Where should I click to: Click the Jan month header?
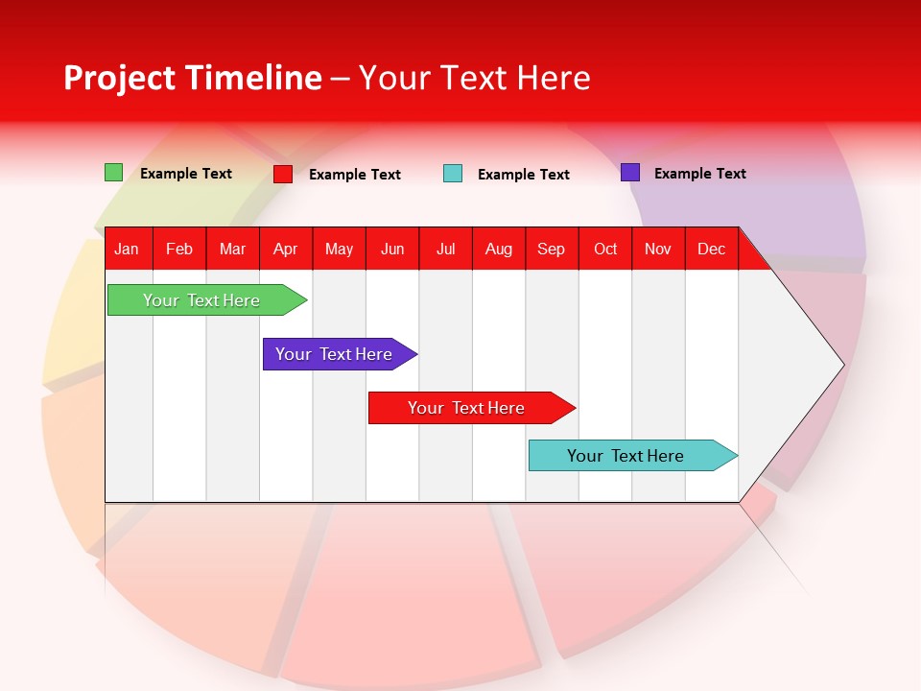(x=128, y=249)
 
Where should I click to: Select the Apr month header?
(x=286, y=249)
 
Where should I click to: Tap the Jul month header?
(x=446, y=249)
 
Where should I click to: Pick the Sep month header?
(x=552, y=249)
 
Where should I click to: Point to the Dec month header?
(x=711, y=249)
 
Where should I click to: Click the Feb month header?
(x=179, y=249)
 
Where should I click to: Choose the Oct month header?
(x=605, y=249)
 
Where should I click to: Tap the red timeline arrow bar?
(x=467, y=408)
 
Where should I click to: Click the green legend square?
(x=113, y=173)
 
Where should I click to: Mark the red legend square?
(x=283, y=174)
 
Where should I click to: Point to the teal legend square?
(x=453, y=174)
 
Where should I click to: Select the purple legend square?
(x=630, y=173)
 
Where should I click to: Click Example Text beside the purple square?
(x=699, y=173)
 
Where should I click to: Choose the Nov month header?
(x=658, y=249)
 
